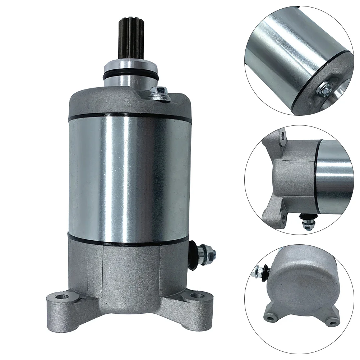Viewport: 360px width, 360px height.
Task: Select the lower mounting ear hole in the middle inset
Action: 283,217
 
